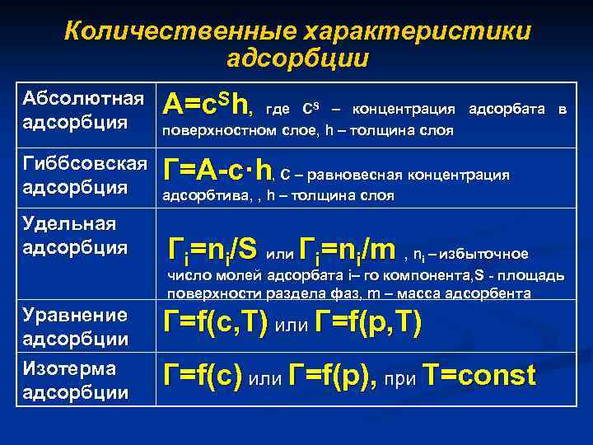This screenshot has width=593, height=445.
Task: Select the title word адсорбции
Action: coord(297,59)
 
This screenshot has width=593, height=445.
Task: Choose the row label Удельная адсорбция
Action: coord(71,235)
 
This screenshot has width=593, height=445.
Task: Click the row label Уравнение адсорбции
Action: coord(76,326)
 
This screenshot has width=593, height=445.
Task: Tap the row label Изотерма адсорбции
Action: coord(76,379)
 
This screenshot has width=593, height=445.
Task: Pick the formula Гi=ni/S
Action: coord(212,249)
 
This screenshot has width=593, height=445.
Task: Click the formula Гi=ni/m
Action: coord(348,249)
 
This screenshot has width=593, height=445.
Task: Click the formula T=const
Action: coord(479,376)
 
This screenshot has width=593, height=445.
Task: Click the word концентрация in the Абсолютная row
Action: coord(404,110)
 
